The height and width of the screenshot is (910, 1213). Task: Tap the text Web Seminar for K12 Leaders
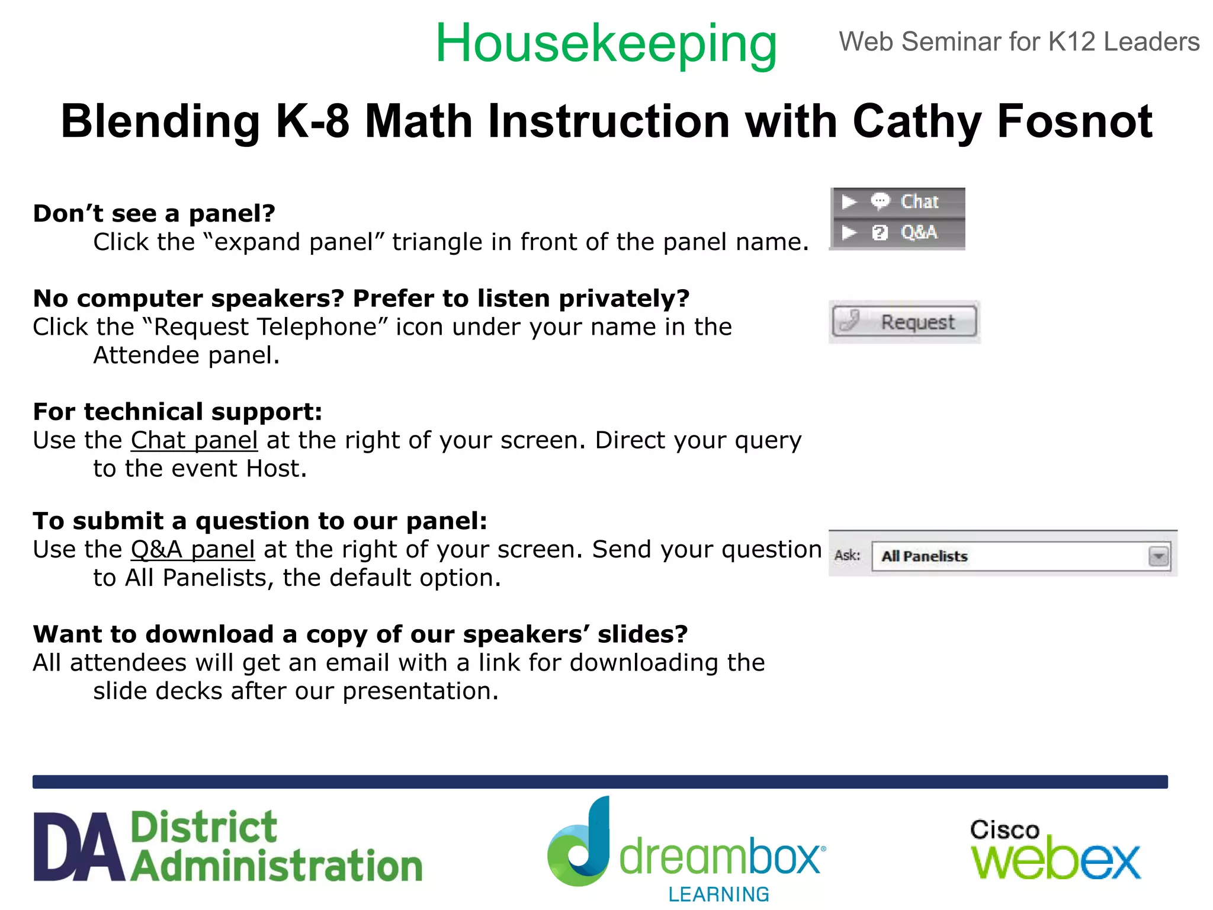[x=1019, y=42]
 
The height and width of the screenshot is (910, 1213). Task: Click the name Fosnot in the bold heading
[x=1074, y=121]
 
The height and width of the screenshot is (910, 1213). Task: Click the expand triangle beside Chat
[x=849, y=202]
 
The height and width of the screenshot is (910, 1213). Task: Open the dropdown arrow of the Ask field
[x=1158, y=556]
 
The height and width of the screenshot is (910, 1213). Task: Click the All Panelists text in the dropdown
[x=924, y=556]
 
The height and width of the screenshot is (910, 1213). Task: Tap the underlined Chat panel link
[x=194, y=440]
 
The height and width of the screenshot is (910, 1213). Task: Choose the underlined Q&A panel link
[x=193, y=549]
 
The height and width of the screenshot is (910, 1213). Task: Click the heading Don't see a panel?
[x=154, y=213]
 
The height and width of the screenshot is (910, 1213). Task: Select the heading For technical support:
[x=178, y=412]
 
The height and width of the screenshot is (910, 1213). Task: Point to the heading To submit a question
[x=260, y=521]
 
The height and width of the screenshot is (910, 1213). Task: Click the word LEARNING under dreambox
[x=718, y=894]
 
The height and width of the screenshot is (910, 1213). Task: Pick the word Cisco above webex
[x=1005, y=830]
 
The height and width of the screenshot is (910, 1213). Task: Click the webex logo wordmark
[x=1055, y=860]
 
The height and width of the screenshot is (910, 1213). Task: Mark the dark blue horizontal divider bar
[x=600, y=781]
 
